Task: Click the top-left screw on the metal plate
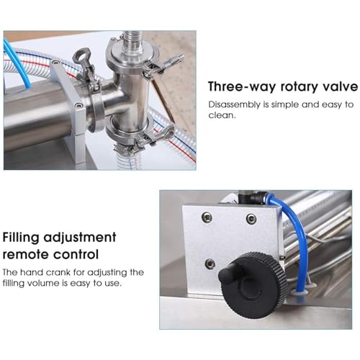(207, 217)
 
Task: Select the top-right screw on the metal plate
(251, 218)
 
